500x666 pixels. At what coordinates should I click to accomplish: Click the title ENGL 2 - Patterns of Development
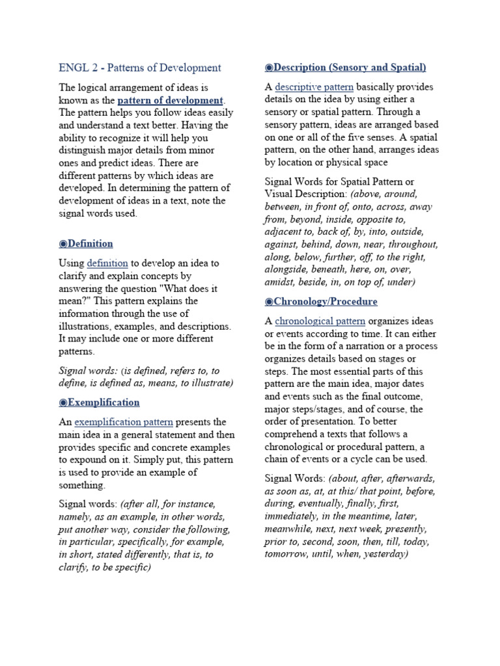tap(140, 68)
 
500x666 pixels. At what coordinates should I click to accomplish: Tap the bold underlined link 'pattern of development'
tap(170, 100)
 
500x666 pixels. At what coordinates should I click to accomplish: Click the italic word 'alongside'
tap(287, 270)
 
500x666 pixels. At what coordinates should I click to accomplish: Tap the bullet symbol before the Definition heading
tap(62, 244)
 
